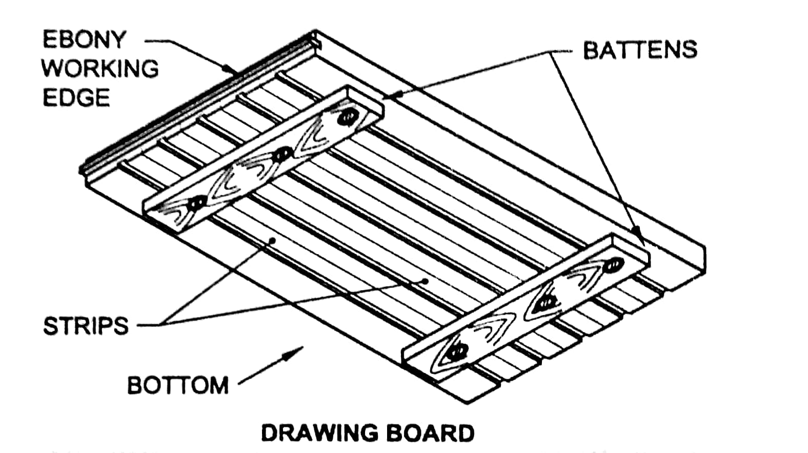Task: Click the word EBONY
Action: point(84,40)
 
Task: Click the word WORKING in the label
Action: point(100,69)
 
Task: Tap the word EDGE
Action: point(76,98)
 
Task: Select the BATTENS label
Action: point(640,50)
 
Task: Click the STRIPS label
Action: point(86,326)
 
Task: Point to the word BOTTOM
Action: point(178,385)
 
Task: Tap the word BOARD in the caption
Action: point(430,433)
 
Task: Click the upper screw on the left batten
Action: point(347,117)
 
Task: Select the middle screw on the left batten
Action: point(281,154)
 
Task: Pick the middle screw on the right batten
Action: point(547,303)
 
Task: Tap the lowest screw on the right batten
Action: point(456,352)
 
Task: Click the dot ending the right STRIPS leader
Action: point(425,280)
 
